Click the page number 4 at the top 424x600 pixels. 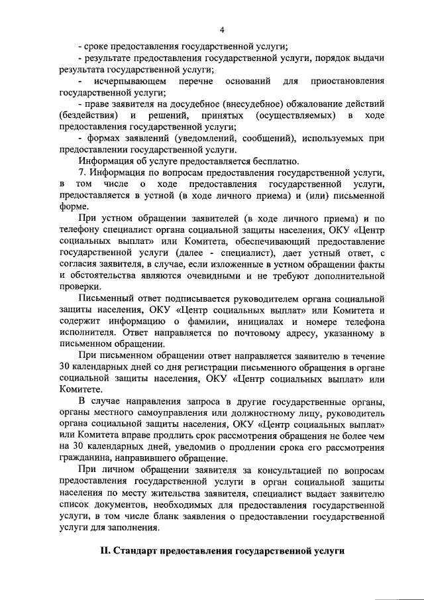click(223, 29)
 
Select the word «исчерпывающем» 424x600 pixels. click(124, 81)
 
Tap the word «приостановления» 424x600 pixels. click(346, 81)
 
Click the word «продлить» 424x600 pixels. click(166, 435)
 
